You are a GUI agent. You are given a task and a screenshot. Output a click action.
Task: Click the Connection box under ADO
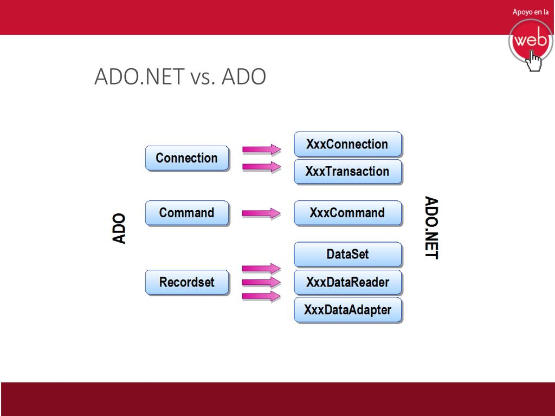tap(187, 158)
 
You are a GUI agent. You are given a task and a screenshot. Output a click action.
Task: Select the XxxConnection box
tap(348, 144)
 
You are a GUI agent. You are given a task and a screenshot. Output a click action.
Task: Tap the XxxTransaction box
tap(348, 172)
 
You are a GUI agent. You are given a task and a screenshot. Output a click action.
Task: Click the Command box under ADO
tap(187, 213)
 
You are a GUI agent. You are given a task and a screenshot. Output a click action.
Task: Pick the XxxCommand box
tap(348, 213)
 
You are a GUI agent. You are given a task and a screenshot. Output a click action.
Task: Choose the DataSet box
tap(348, 255)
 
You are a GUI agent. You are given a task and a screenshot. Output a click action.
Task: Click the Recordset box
tap(187, 282)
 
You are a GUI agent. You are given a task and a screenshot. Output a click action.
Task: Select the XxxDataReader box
tap(348, 282)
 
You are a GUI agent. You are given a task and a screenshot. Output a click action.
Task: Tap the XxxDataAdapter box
tap(348, 310)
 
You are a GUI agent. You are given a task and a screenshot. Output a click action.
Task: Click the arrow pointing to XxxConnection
tap(262, 149)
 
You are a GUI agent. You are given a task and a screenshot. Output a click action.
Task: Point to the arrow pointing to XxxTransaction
tap(262, 166)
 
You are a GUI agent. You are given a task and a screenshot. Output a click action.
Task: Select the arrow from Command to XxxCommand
tap(262, 213)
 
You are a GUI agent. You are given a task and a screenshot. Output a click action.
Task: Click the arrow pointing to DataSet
tap(262, 269)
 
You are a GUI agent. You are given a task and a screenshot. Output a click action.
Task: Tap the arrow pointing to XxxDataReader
tap(262, 282)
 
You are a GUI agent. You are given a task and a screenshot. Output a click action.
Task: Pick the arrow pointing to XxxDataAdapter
tap(262, 296)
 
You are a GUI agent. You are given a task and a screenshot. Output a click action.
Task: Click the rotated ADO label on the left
tap(119, 229)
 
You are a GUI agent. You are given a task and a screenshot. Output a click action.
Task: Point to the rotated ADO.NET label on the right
tap(431, 228)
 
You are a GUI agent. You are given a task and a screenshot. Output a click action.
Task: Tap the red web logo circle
tap(530, 41)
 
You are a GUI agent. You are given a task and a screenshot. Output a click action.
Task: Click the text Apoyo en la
tap(531, 12)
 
